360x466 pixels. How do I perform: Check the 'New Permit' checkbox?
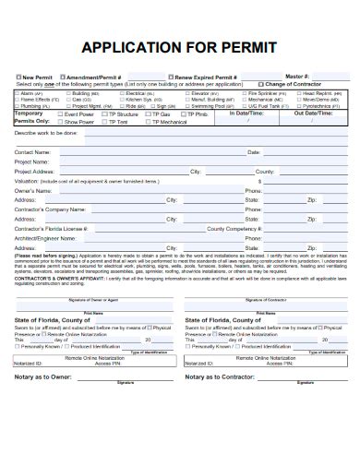[17, 78]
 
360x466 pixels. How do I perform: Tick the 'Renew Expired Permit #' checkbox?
[172, 78]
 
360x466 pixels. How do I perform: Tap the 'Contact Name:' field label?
[33, 152]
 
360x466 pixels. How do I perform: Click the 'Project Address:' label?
[36, 172]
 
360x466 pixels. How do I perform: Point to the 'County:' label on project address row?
[264, 172]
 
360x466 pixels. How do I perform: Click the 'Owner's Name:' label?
[33, 190]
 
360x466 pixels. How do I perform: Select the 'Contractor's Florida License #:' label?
[52, 228]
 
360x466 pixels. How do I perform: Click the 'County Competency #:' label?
[234, 228]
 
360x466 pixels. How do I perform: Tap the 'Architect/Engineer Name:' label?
[48, 237]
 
